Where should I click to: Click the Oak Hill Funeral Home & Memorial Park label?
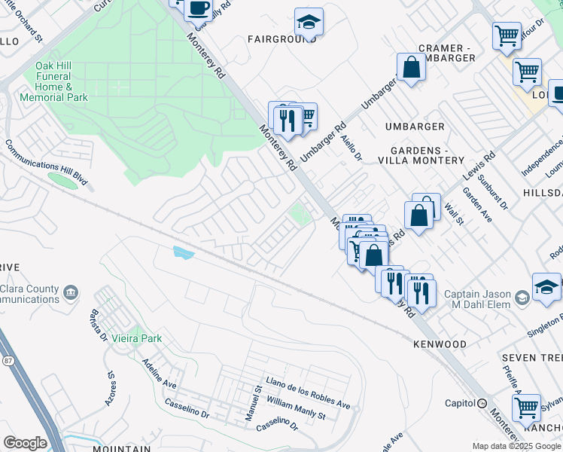[x=62, y=81]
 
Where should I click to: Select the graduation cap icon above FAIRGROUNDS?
[x=308, y=22]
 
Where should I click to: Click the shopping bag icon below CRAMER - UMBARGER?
[x=411, y=68]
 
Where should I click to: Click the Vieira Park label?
[x=136, y=338]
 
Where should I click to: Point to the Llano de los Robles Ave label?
[x=307, y=392]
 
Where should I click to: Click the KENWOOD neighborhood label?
[x=440, y=344]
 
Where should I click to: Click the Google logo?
[x=25, y=443]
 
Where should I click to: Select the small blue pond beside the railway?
[x=183, y=252]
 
